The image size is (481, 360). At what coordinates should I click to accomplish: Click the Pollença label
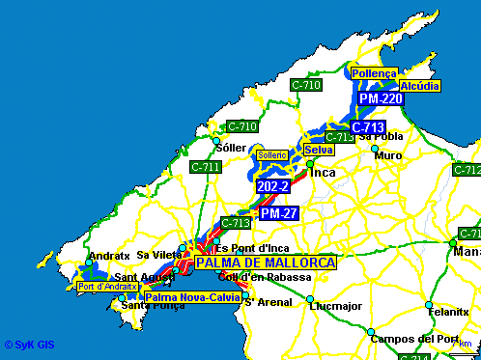(x=374, y=73)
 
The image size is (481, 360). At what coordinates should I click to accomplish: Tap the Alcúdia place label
(x=419, y=86)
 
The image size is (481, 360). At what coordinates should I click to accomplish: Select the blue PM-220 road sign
(x=380, y=98)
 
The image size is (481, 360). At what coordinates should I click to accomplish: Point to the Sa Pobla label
(x=380, y=138)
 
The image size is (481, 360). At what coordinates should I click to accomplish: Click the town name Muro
(x=388, y=155)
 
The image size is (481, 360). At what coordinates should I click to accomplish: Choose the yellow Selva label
(x=318, y=150)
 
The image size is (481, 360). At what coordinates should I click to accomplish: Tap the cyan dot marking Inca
(x=310, y=164)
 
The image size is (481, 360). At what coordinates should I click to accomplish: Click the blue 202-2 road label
(x=273, y=185)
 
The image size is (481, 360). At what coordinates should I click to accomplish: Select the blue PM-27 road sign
(x=278, y=212)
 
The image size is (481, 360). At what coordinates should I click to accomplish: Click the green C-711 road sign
(x=206, y=167)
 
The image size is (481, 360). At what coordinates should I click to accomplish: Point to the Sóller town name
(x=231, y=148)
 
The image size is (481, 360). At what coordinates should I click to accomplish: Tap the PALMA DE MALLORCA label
(x=265, y=263)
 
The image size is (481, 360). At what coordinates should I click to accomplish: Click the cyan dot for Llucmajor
(x=310, y=298)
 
